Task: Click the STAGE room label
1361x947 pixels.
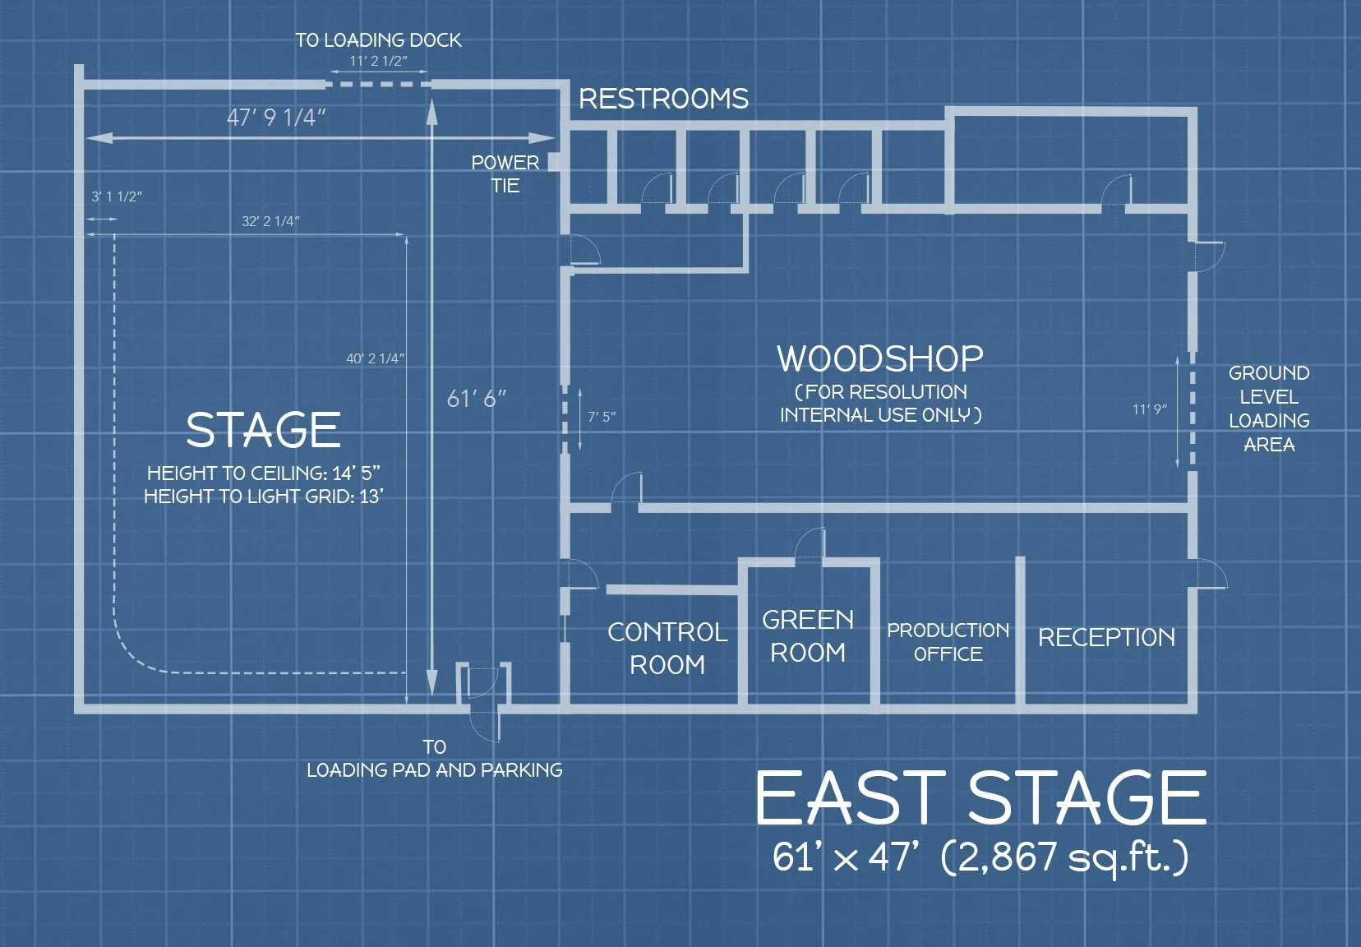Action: click(263, 431)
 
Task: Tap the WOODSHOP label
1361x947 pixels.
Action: click(880, 359)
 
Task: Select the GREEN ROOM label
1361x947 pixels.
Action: click(808, 635)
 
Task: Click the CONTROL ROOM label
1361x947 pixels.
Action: click(667, 648)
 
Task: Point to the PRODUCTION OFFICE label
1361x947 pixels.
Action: click(948, 642)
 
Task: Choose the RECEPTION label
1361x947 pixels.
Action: click(1106, 638)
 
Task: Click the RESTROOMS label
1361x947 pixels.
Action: click(663, 99)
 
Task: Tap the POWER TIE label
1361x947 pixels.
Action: click(505, 174)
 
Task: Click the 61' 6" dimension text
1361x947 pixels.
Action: click(476, 400)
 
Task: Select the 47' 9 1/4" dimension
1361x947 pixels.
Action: click(276, 118)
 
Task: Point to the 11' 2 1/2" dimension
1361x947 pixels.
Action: click(378, 61)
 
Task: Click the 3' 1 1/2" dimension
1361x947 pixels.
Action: click(116, 197)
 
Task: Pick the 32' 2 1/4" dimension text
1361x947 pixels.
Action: click(270, 221)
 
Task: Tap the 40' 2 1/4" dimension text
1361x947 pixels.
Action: click(375, 358)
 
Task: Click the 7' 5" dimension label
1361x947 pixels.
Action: click(602, 418)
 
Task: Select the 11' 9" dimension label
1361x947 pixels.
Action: click(1149, 409)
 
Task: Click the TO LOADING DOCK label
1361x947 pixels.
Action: click(378, 40)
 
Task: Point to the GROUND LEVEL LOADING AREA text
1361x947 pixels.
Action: click(1269, 409)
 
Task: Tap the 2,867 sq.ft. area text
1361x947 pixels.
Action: click(1064, 857)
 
